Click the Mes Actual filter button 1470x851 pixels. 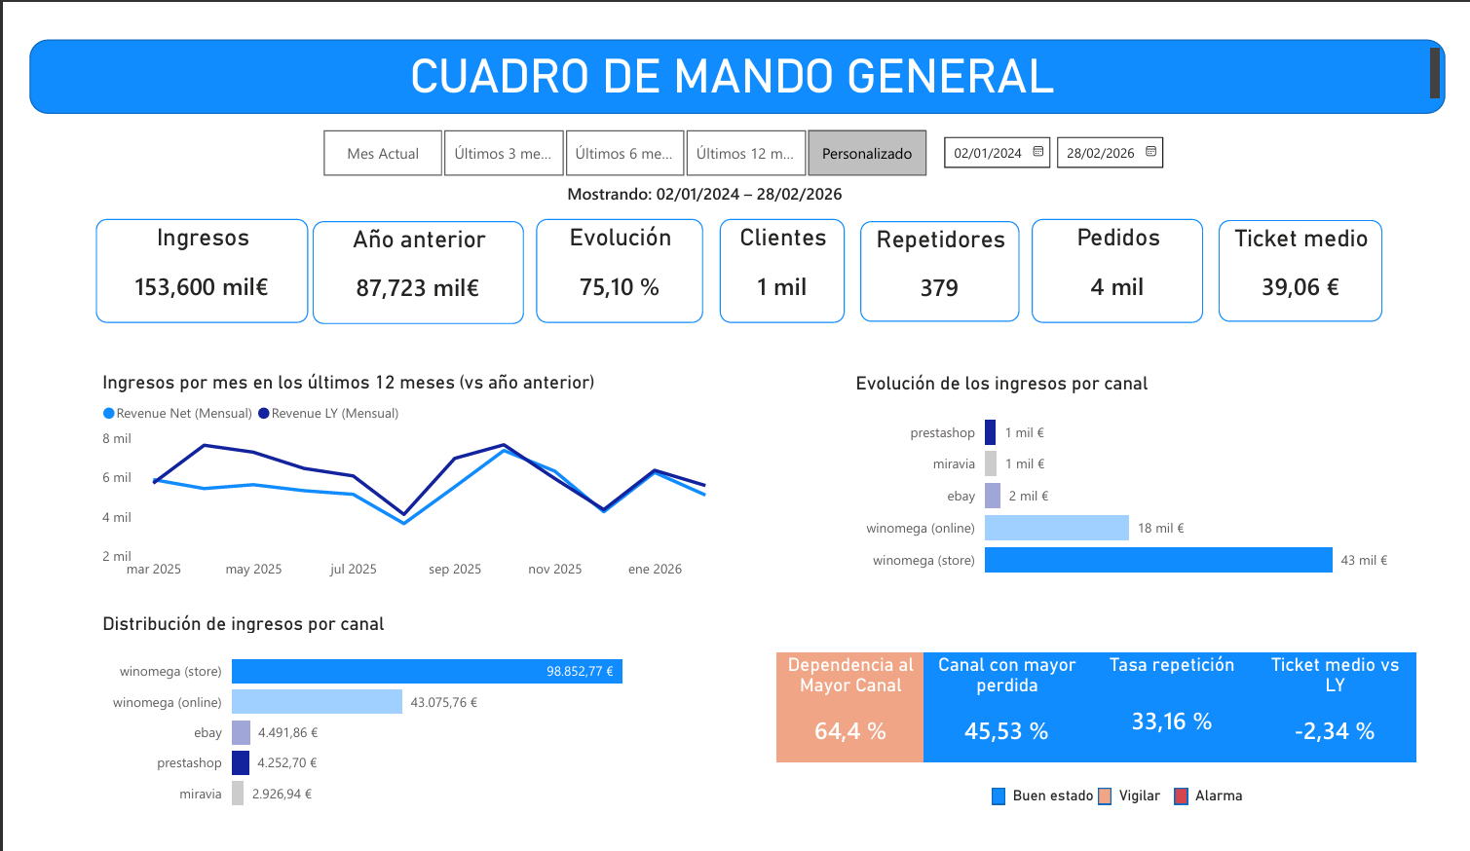tap(383, 154)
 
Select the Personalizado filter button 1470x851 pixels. tap(867, 154)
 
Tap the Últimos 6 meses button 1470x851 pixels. tap(623, 154)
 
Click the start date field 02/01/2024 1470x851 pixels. tap(988, 153)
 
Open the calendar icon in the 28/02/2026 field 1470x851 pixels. tap(1150, 152)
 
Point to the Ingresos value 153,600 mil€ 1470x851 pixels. tap(202, 287)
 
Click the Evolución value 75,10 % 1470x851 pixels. tap(620, 287)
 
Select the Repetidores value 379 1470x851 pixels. tap(939, 288)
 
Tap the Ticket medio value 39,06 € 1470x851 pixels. tap(1300, 287)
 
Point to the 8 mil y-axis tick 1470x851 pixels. tap(117, 439)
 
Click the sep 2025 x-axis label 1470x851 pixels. tap(455, 570)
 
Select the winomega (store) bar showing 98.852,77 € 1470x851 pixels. tap(427, 672)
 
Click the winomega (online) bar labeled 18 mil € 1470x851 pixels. tap(1056, 528)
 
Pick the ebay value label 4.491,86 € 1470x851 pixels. tap(287, 733)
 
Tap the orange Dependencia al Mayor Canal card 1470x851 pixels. tap(849, 707)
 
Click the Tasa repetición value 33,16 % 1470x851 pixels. tap(1171, 721)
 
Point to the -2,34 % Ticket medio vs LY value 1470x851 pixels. tap(1334, 731)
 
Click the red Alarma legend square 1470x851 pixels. tap(1182, 796)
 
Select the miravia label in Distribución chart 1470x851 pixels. tap(201, 795)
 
